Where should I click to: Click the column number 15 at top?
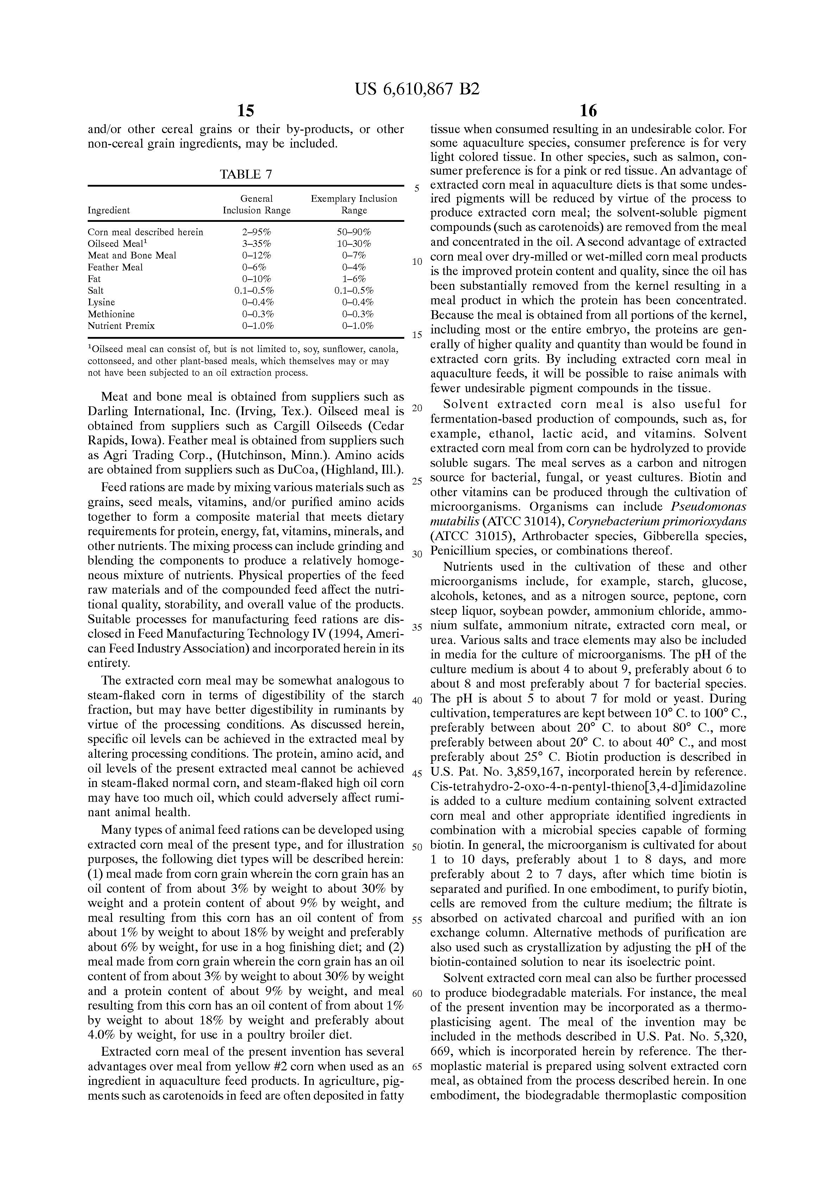[246, 111]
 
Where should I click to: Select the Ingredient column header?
[109, 211]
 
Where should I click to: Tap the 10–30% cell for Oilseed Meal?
[354, 244]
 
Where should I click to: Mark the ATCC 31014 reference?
[522, 521]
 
